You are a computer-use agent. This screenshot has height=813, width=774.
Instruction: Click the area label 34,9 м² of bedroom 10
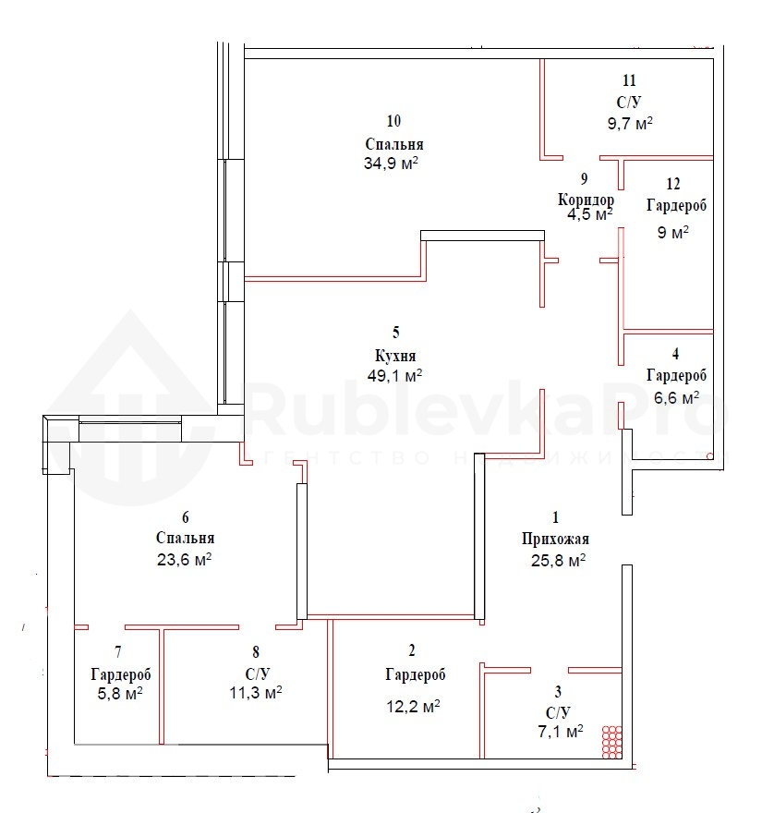pyautogui.click(x=391, y=164)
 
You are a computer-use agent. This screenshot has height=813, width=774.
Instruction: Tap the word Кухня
pyautogui.click(x=395, y=356)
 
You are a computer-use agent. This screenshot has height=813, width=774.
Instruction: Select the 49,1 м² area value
pyautogui.click(x=394, y=375)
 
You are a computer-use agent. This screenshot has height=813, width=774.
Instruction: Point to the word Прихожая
pyautogui.click(x=555, y=540)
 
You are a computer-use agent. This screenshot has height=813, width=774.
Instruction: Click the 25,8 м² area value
pyautogui.click(x=559, y=561)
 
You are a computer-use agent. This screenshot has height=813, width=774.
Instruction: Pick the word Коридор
pyautogui.click(x=586, y=200)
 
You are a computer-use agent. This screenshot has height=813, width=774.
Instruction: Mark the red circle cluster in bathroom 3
pyautogui.click(x=611, y=742)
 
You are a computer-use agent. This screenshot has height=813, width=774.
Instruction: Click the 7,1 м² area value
pyautogui.click(x=561, y=732)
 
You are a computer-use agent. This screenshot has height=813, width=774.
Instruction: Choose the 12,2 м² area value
pyautogui.click(x=413, y=706)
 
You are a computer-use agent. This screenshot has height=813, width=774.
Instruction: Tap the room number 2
pyautogui.click(x=412, y=650)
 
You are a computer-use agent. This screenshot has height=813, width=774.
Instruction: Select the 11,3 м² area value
pyautogui.click(x=256, y=692)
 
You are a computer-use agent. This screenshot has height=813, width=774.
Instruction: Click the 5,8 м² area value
pyautogui.click(x=120, y=693)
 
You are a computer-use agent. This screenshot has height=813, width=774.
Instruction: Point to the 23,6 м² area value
pyautogui.click(x=184, y=560)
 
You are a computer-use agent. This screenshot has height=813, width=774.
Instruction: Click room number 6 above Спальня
pyautogui.click(x=186, y=517)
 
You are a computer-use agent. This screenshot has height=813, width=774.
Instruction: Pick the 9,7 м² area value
pyautogui.click(x=630, y=124)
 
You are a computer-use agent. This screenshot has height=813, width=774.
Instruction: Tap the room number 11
pyautogui.click(x=629, y=80)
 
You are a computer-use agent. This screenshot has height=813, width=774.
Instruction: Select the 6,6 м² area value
pyautogui.click(x=676, y=397)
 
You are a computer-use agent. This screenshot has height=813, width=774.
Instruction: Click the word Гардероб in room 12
pyautogui.click(x=676, y=205)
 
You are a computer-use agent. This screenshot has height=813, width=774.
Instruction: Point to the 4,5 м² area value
pyautogui.click(x=590, y=214)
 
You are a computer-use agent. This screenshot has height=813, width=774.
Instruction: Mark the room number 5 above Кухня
pyautogui.click(x=396, y=332)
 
